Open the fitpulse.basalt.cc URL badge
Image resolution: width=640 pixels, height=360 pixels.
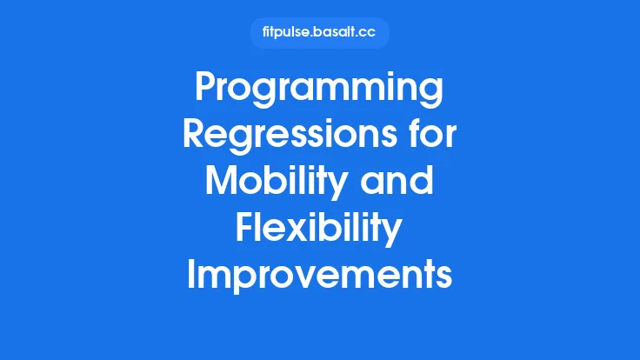tap(319, 33)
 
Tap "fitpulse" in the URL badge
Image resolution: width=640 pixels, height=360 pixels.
tap(287, 33)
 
